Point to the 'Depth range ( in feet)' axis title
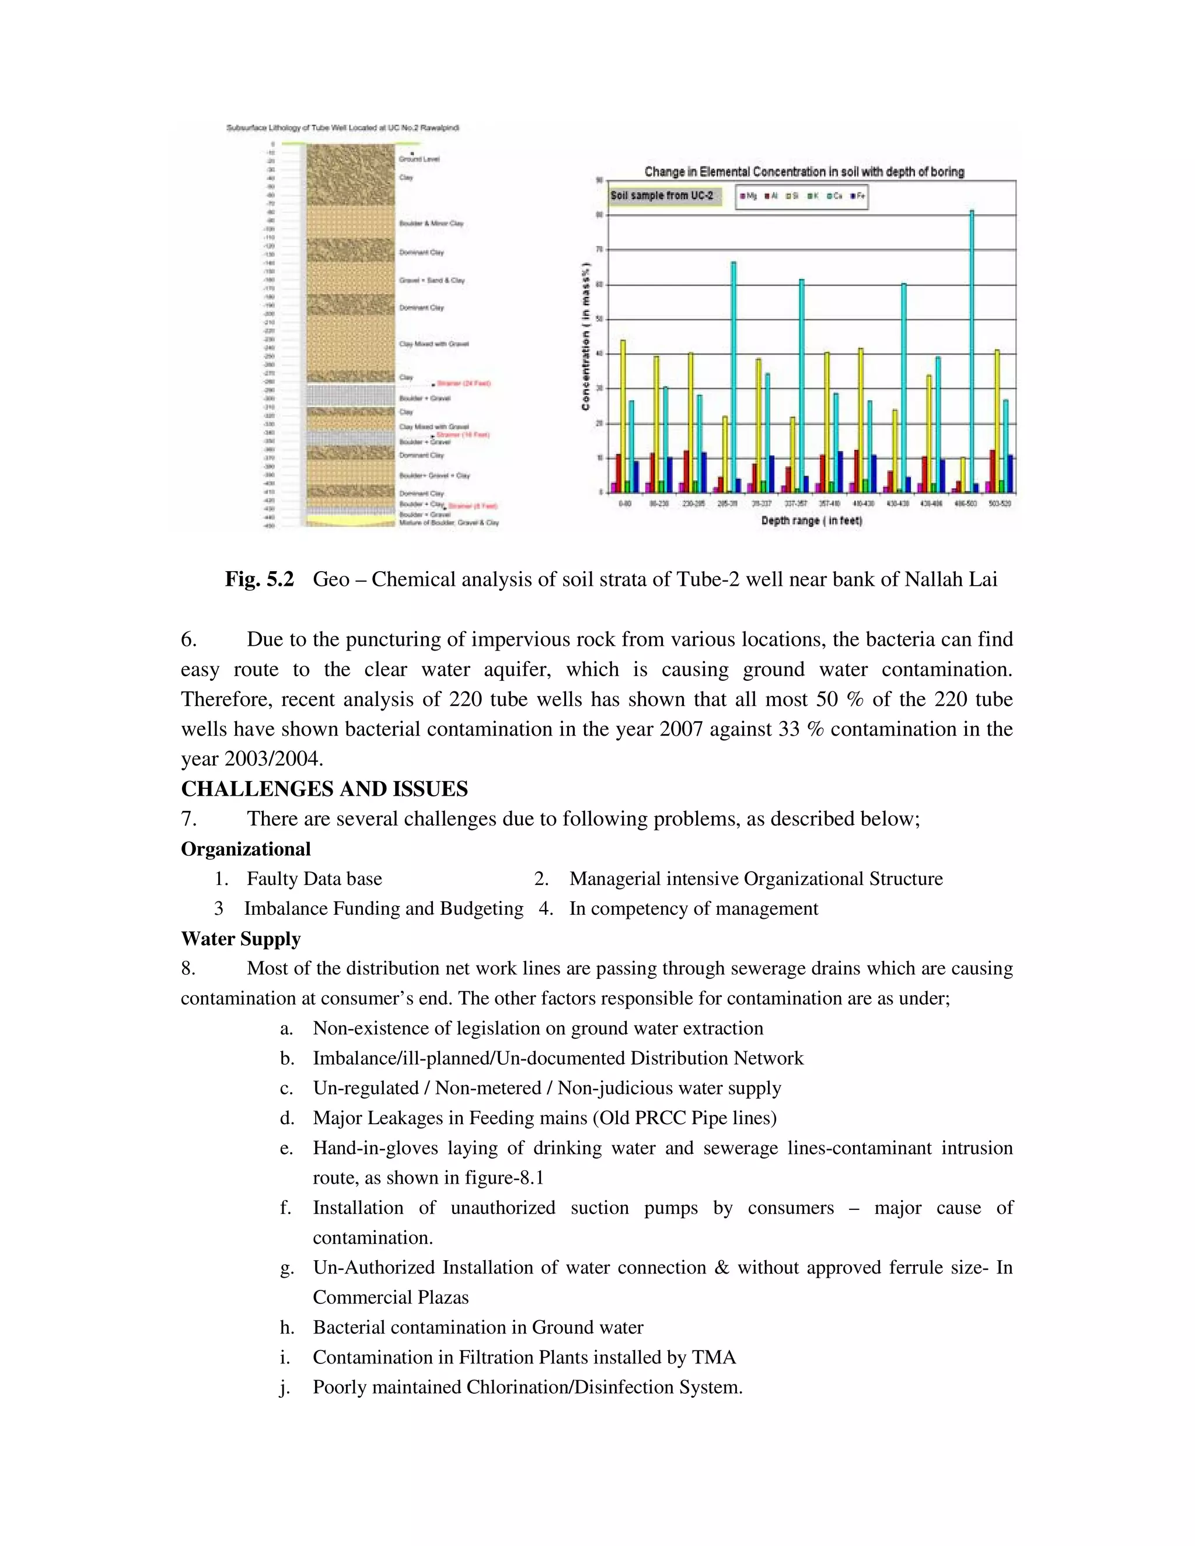click(811, 520)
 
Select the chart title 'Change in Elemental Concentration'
click(803, 172)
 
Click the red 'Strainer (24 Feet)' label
click(464, 384)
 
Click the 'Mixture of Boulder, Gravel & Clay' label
click(449, 522)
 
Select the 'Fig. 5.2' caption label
click(259, 579)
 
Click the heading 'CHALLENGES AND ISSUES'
click(324, 789)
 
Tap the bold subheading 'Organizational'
click(246, 849)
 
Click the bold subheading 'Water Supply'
click(241, 939)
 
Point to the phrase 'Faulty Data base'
click(315, 879)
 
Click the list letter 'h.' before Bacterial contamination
click(286, 1327)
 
